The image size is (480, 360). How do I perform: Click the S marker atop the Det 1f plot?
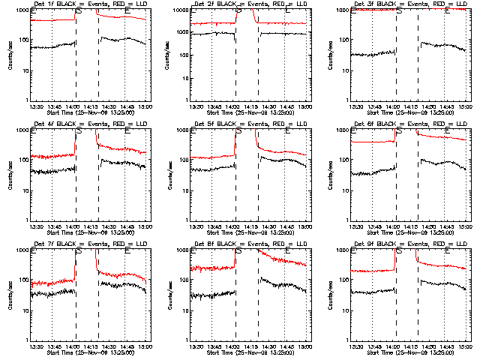tap(77, 10)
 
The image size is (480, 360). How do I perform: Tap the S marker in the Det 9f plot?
tap(397, 250)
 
